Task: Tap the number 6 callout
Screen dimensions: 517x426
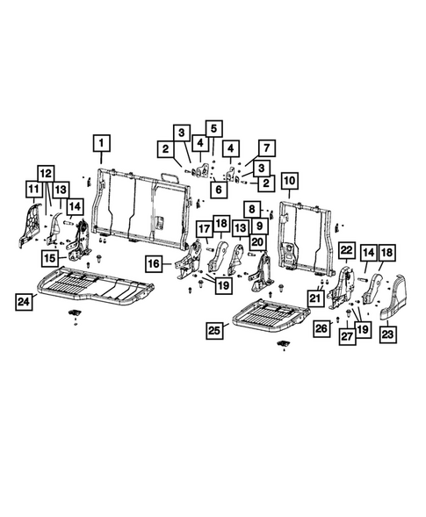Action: click(216, 188)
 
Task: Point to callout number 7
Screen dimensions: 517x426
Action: click(265, 148)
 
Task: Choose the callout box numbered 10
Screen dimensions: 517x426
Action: click(289, 183)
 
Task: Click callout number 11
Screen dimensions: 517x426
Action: click(32, 190)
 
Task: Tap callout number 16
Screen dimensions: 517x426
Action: click(154, 262)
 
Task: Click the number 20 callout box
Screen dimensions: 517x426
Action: click(257, 241)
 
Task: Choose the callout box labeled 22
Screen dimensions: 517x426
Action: click(347, 252)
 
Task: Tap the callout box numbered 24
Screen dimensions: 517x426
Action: click(27, 303)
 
